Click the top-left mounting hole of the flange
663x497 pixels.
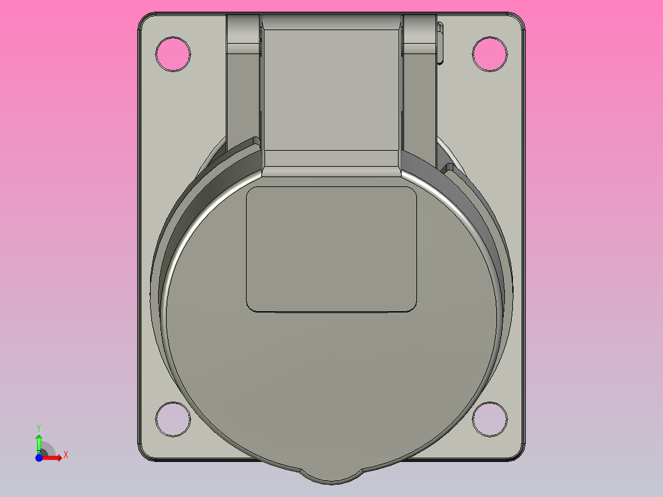click(172, 54)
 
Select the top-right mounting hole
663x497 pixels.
click(490, 54)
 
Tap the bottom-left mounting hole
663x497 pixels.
click(172, 419)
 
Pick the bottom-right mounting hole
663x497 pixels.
click(490, 419)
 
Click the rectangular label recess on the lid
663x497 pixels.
click(331, 249)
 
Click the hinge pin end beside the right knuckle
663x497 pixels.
click(440, 43)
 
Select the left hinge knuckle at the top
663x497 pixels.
click(244, 34)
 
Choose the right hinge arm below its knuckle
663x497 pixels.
click(419, 105)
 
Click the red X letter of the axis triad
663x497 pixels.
click(65, 455)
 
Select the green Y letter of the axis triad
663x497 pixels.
click(38, 427)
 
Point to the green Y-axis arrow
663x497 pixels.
click(39, 442)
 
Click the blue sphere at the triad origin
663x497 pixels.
click(39, 458)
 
